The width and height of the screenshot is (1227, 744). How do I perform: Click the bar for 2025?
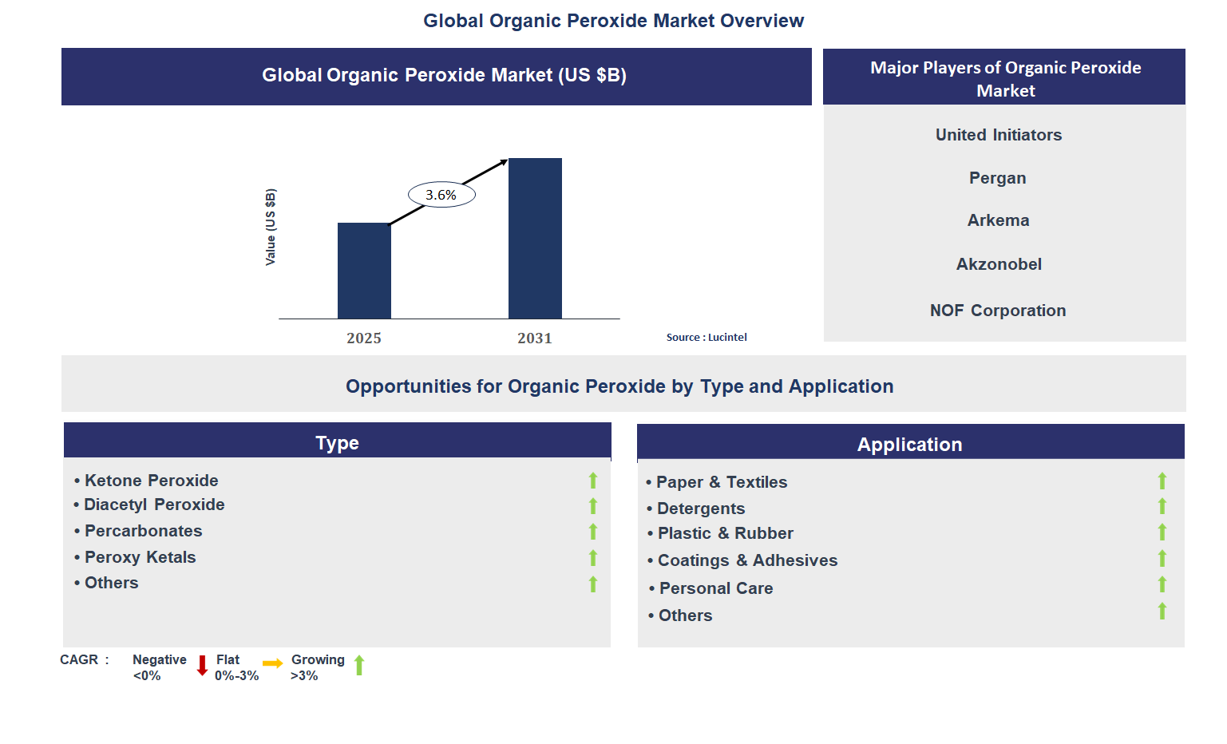[x=364, y=271]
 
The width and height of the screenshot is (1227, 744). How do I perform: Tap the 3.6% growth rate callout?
[x=441, y=195]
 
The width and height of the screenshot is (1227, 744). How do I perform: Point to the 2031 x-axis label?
[x=534, y=338]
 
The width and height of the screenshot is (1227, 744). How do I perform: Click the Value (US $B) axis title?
[x=271, y=228]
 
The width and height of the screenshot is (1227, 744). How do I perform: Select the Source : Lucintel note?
[x=707, y=338]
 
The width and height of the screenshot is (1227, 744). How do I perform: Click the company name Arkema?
[x=998, y=220]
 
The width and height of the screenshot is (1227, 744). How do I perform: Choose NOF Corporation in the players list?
[x=998, y=311]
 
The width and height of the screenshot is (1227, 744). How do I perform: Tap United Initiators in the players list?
[x=998, y=135]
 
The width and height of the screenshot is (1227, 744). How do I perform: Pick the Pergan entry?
[x=997, y=178]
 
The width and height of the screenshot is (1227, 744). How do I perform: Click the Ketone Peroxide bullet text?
[x=151, y=481]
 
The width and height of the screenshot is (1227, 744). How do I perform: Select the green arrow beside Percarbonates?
[x=593, y=532]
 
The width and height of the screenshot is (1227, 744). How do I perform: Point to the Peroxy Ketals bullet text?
[x=140, y=557]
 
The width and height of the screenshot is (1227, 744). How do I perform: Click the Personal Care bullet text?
[x=715, y=588]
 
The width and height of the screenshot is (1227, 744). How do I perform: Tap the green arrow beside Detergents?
[x=1162, y=506]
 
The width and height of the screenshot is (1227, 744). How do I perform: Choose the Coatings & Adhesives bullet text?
[x=747, y=560]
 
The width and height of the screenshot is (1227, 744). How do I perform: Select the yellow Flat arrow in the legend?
[x=272, y=663]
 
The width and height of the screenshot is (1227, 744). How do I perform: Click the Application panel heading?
[x=909, y=445]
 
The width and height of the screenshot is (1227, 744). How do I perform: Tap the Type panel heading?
[x=337, y=443]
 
